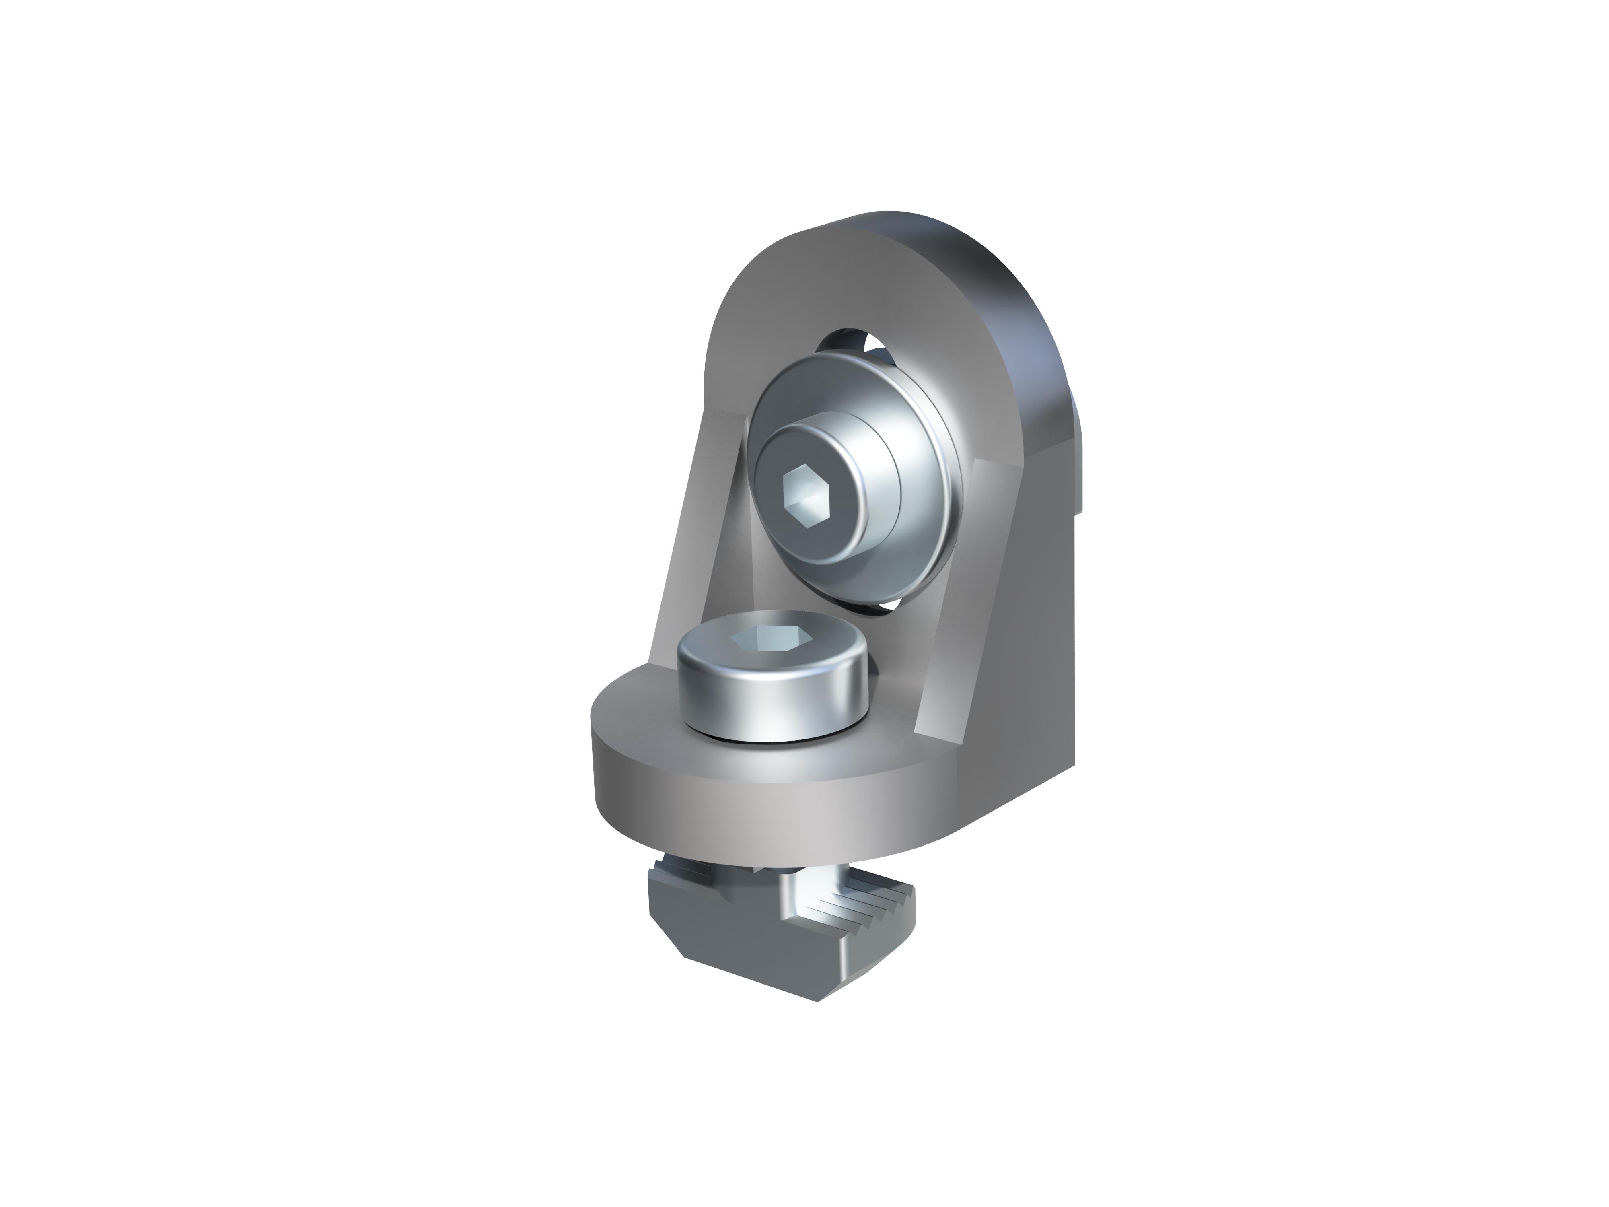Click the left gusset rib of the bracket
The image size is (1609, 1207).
coord(695,531)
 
